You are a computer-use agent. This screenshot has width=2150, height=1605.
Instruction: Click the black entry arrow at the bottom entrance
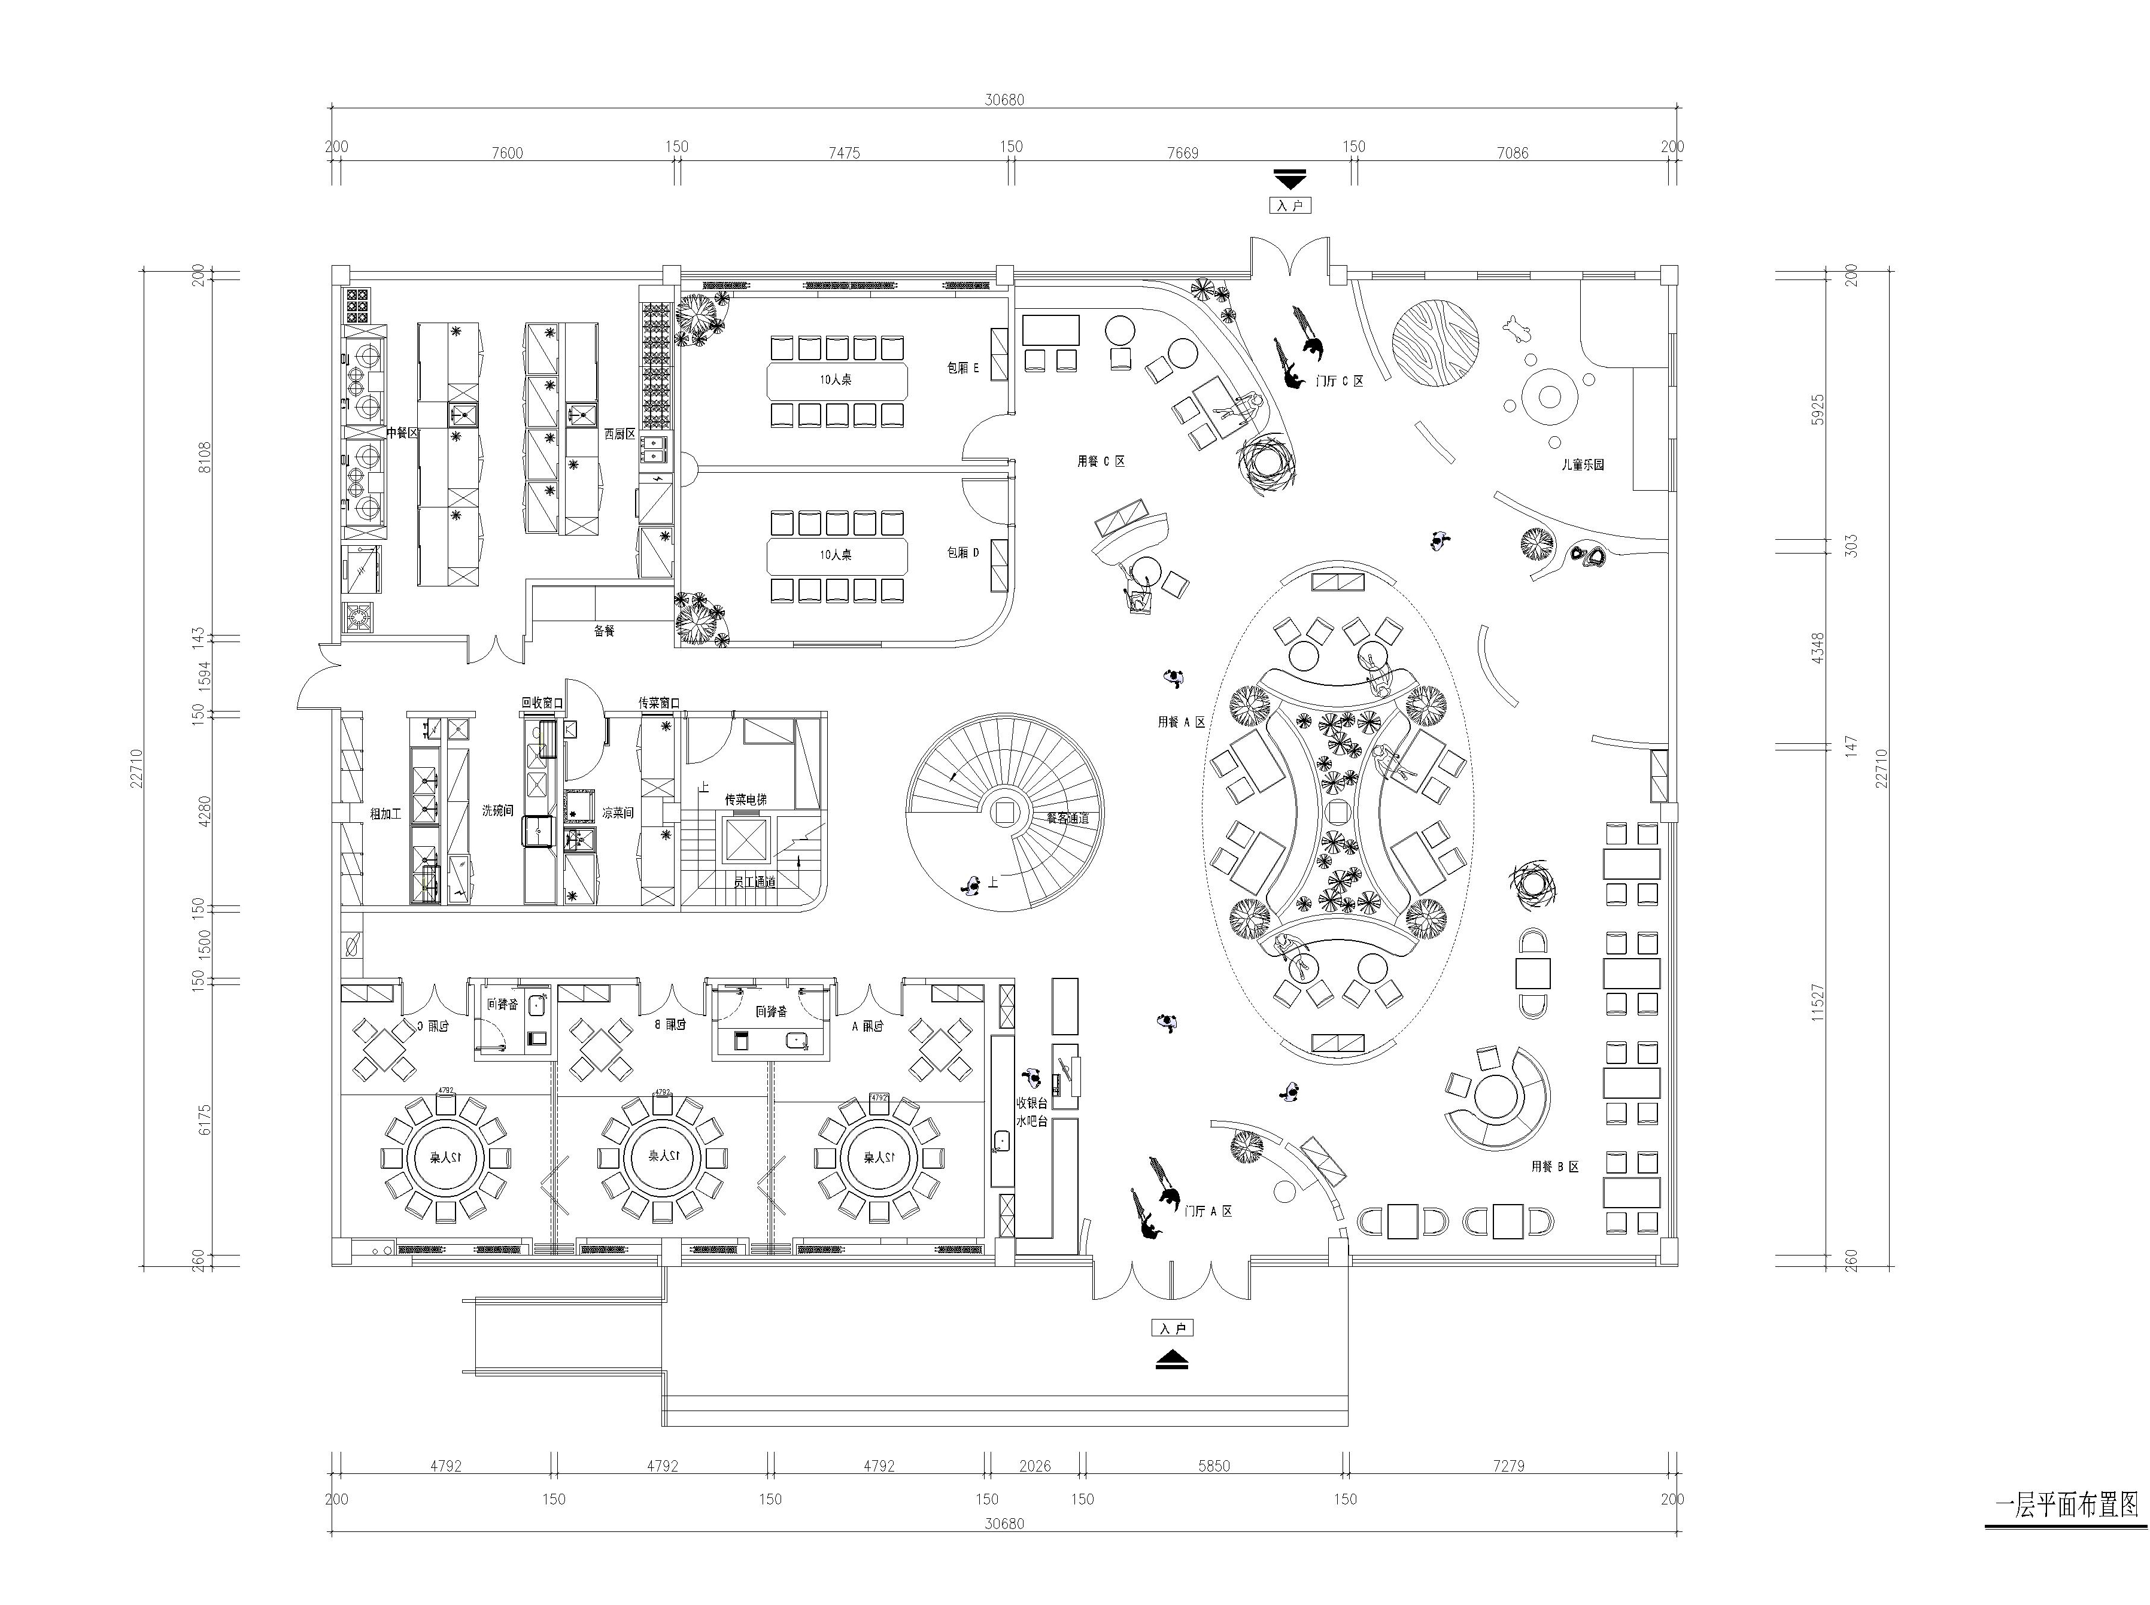coord(1172,1361)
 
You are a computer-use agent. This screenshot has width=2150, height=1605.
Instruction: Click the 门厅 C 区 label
coord(1339,381)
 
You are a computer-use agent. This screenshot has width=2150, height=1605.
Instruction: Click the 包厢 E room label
coord(963,368)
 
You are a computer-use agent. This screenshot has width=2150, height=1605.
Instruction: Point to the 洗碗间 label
coord(497,810)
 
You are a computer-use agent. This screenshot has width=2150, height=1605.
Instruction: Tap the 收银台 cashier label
coord(1031,1103)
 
